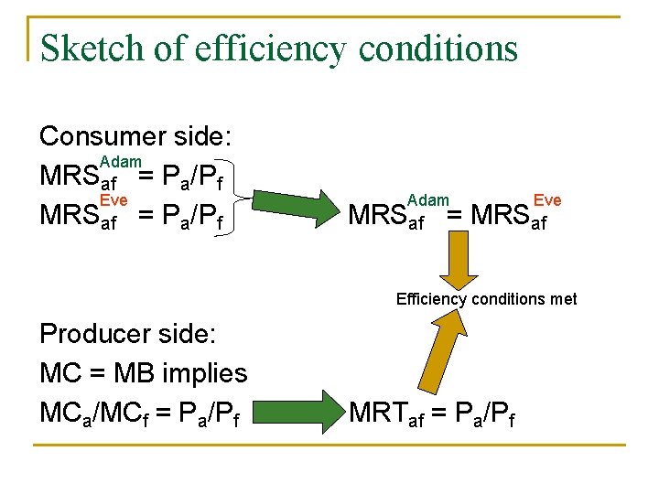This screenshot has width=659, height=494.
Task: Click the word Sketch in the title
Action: (x=87, y=48)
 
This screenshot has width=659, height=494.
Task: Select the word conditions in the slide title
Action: (x=438, y=48)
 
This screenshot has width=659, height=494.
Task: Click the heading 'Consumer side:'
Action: (x=135, y=137)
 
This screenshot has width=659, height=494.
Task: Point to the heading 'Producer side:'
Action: (x=128, y=335)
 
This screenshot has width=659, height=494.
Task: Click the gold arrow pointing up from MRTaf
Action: (x=477, y=357)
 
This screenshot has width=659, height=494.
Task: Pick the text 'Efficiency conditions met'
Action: (x=486, y=299)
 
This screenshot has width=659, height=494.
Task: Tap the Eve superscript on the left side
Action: (x=113, y=200)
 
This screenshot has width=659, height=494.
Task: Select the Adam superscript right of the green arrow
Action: (x=428, y=200)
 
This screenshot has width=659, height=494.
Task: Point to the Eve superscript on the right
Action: (x=547, y=200)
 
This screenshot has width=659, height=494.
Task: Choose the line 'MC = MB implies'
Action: (x=144, y=373)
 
